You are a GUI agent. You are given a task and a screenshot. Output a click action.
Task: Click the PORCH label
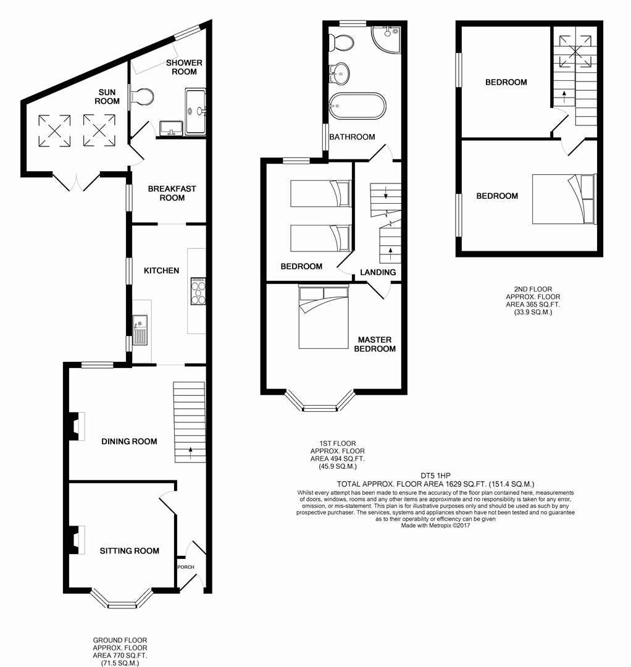pyautogui.click(x=186, y=567)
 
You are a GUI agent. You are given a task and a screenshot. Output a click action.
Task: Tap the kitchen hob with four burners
pyautogui.click(x=198, y=291)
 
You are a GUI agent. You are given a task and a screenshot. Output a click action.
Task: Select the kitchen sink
pyautogui.click(x=140, y=330)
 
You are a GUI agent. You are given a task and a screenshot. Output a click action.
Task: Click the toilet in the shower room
pyautogui.click(x=141, y=97)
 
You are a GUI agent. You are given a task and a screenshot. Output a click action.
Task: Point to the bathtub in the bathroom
pyautogui.click(x=357, y=106)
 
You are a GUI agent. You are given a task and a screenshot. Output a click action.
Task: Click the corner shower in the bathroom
pyautogui.click(x=387, y=40)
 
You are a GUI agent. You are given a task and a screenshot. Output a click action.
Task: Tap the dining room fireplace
pyautogui.click(x=77, y=426)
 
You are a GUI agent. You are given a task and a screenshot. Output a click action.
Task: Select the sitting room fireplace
pyautogui.click(x=77, y=540)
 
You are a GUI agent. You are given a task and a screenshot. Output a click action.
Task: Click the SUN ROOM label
pyautogui.click(x=107, y=96)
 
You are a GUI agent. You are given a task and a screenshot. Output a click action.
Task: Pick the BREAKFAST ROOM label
pyautogui.click(x=172, y=193)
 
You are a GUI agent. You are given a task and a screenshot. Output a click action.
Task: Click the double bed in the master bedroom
pyautogui.click(x=324, y=317)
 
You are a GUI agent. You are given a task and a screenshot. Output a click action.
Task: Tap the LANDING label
pyautogui.click(x=378, y=272)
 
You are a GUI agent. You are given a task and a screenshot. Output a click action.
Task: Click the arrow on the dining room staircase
pyautogui.click(x=190, y=453)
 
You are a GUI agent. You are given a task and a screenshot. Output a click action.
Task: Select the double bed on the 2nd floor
pyautogui.click(x=564, y=199)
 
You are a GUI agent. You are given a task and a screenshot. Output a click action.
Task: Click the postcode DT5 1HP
pyautogui.click(x=435, y=476)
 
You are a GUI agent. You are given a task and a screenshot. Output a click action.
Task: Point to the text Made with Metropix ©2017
pyautogui.click(x=435, y=526)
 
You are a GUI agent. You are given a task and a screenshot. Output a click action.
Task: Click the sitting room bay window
pyautogui.click(x=122, y=599)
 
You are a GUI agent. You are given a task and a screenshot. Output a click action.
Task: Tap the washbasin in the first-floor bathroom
pyautogui.click(x=340, y=73)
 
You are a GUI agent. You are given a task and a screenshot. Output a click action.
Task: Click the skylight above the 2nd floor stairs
pyautogui.click(x=575, y=51)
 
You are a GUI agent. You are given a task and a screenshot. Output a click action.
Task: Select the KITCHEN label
pyautogui.click(x=161, y=271)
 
